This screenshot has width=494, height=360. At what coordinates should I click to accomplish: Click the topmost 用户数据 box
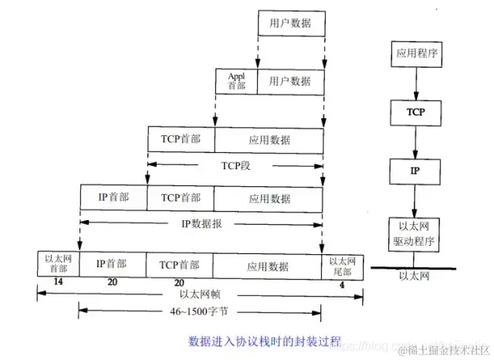[290, 24]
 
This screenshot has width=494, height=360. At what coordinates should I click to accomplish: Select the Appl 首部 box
[235, 80]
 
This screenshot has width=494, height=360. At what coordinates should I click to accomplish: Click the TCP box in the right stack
[415, 113]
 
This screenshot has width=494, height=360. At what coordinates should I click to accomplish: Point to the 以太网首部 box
[57, 263]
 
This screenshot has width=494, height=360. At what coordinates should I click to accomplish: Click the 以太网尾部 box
[341, 263]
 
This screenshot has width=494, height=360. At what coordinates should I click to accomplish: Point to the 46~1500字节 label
[198, 312]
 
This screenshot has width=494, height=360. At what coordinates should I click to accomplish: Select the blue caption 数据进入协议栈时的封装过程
[265, 339]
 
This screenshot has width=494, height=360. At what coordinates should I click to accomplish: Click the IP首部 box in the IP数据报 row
[113, 198]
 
